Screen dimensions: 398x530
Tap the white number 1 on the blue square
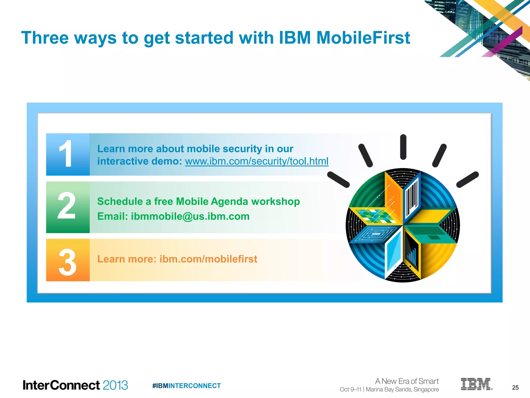coord(66,154)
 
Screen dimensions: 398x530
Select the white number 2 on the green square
coord(67,206)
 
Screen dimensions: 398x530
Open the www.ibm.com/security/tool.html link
coord(256,161)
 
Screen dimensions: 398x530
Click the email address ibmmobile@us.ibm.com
coord(190,216)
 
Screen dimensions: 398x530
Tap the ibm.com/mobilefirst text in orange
coord(208,259)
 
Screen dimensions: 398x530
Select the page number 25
coord(515,388)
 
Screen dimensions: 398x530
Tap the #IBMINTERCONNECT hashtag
coord(186,386)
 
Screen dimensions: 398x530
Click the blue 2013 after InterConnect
coord(115,385)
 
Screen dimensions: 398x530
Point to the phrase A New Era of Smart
coord(407,381)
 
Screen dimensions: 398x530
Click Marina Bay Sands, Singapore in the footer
coord(402,389)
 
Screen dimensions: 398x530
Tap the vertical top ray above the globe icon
coord(403,147)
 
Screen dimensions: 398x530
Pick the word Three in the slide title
coord(45,38)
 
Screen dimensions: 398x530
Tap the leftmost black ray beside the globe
coord(338,180)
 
